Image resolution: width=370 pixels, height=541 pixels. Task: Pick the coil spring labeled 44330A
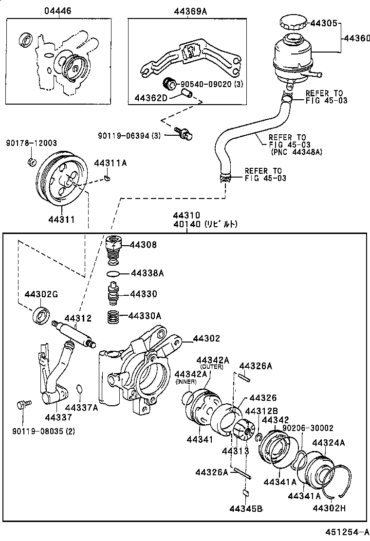pos(113,318)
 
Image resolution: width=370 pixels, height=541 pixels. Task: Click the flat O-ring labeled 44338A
pos(113,274)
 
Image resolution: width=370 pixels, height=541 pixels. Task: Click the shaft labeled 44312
pos(73,336)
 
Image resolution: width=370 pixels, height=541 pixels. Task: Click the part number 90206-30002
pos(308,428)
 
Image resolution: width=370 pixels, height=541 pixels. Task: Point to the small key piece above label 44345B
pos(246,492)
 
